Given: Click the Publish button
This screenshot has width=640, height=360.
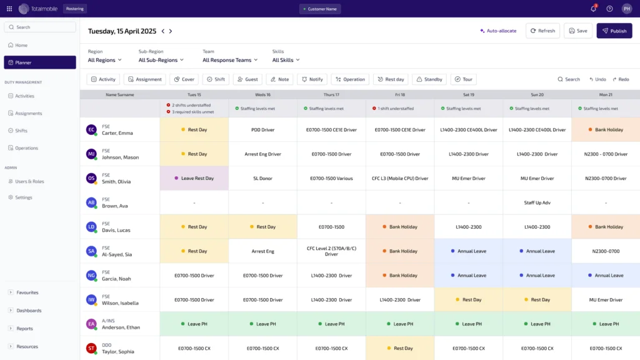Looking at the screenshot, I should (614, 31).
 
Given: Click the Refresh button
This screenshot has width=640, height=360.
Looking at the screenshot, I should (542, 31).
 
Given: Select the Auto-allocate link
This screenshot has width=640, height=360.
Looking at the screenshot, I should (498, 31).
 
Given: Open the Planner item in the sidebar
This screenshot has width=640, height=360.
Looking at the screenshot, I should (40, 62).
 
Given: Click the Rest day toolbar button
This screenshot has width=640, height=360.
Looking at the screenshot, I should (390, 79).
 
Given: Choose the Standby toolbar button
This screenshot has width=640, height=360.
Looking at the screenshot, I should (429, 79).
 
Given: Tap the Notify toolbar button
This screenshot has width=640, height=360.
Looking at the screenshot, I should (311, 79).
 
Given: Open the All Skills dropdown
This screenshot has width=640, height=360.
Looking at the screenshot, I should (286, 60).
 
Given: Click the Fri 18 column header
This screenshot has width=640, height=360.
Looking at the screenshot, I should (399, 94).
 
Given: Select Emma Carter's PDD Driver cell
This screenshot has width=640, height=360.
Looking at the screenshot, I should (262, 129).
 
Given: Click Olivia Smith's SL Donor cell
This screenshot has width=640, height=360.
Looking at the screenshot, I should (262, 178).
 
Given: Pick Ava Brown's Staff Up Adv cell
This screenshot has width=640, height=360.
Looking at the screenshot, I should (537, 202).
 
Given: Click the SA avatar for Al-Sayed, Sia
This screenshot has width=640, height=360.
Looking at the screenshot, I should (91, 251).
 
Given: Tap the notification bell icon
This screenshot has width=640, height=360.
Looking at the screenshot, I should (593, 9).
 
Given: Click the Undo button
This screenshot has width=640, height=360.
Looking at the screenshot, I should (597, 79).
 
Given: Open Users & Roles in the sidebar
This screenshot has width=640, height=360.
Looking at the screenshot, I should (29, 181).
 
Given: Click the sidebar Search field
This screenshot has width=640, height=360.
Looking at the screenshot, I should (40, 27).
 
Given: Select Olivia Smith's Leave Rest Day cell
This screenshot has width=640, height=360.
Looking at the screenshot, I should (194, 178).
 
